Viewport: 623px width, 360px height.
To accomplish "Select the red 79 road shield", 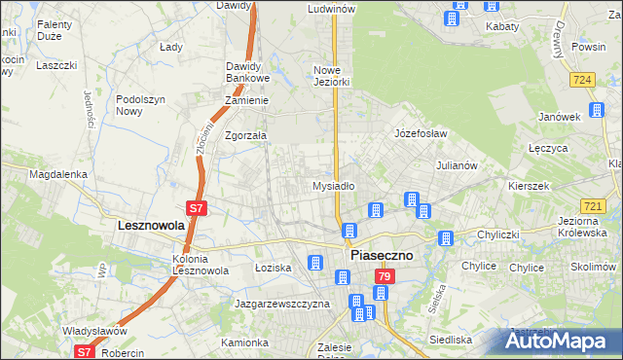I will [x=384, y=278].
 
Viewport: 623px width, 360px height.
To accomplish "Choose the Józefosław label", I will [x=420, y=132].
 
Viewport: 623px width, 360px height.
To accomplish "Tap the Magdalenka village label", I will [x=58, y=174].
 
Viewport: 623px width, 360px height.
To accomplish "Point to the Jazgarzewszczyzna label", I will [x=282, y=304].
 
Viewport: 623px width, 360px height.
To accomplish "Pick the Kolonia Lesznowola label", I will [x=201, y=266].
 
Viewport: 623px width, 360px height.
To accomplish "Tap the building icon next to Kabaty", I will [x=455, y=18].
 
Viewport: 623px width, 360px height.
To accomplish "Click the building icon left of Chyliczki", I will [x=446, y=238].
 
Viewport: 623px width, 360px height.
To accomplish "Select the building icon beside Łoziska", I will [x=315, y=263].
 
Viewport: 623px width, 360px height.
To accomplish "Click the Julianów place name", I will [x=456, y=165].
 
